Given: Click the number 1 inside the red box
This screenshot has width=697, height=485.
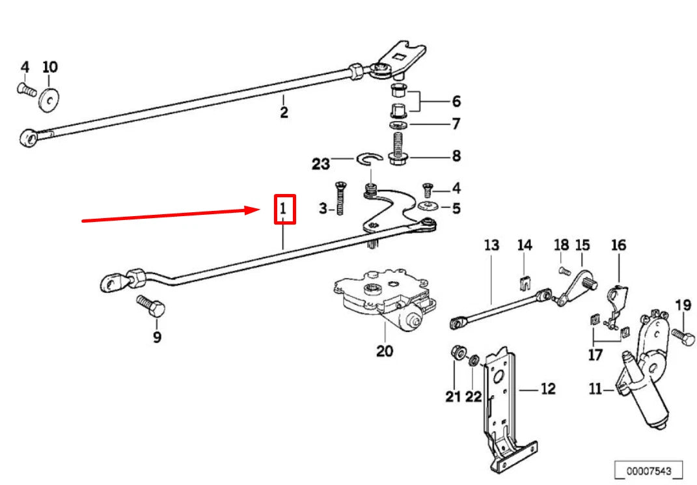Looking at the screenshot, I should click(x=283, y=210).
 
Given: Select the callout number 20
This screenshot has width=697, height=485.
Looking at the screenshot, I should click(x=385, y=350).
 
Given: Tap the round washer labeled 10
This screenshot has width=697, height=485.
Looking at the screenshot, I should click(x=48, y=98).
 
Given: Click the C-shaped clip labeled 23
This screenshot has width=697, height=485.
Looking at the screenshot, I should click(x=368, y=159).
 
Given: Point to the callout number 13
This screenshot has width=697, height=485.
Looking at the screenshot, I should click(x=491, y=245).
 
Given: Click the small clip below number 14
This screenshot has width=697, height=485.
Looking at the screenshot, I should click(x=525, y=283).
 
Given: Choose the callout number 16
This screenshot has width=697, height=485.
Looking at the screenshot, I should click(x=618, y=245).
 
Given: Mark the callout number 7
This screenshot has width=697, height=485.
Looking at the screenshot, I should click(x=456, y=122).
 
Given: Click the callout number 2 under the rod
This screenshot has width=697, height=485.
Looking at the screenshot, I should click(x=284, y=111).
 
